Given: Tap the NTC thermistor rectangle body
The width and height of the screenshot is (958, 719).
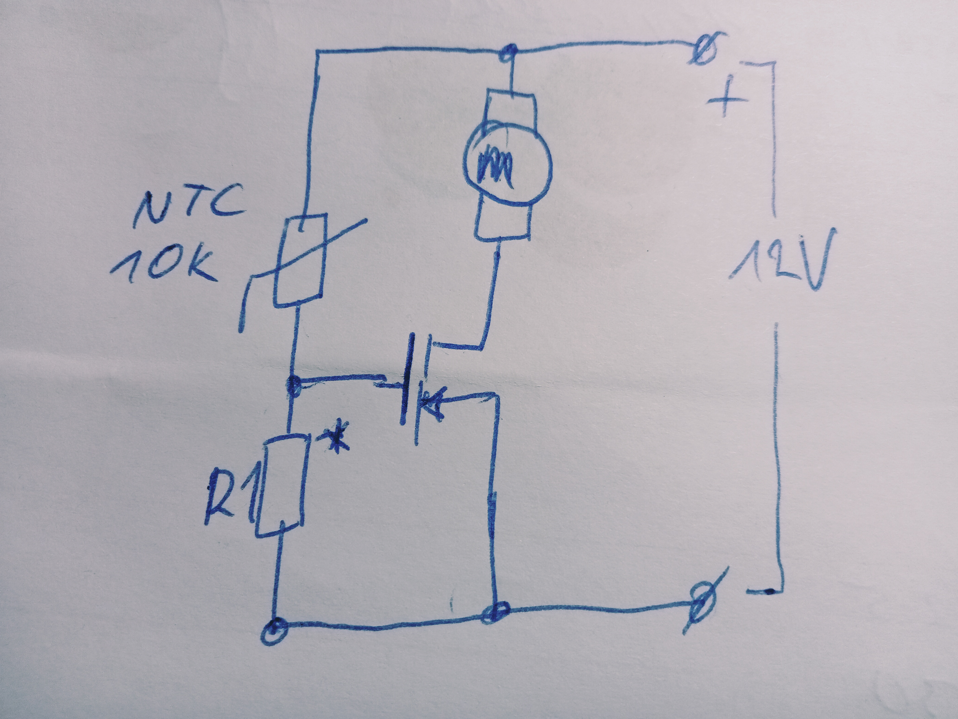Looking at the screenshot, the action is tap(299, 260).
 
